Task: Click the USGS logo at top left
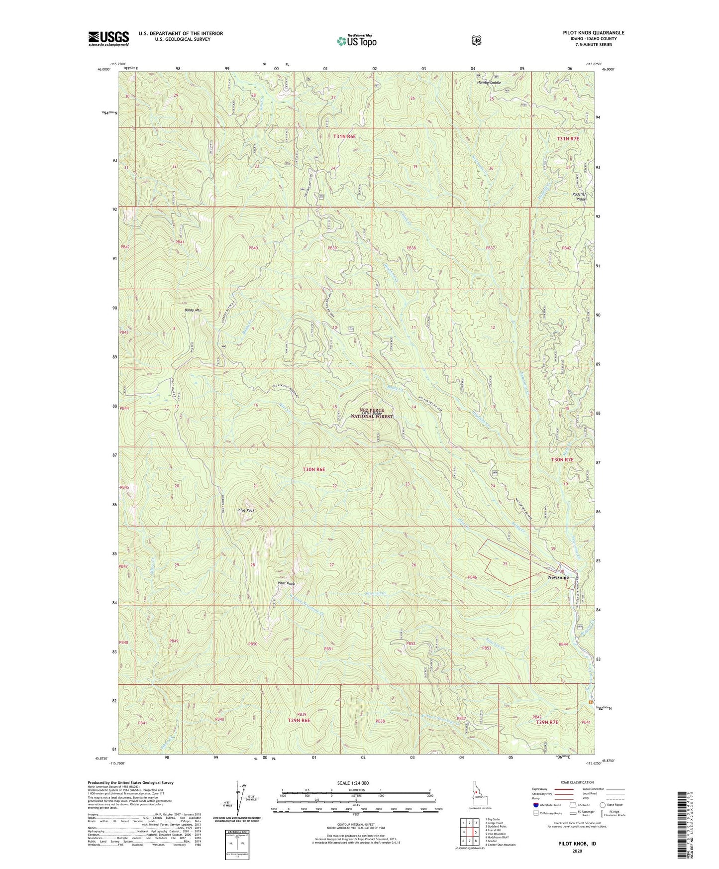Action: (108, 38)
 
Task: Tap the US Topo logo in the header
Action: (356, 41)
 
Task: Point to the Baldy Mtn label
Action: (193, 310)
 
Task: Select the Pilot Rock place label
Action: (246, 511)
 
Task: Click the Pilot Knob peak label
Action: (287, 583)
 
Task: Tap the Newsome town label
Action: (558, 577)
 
